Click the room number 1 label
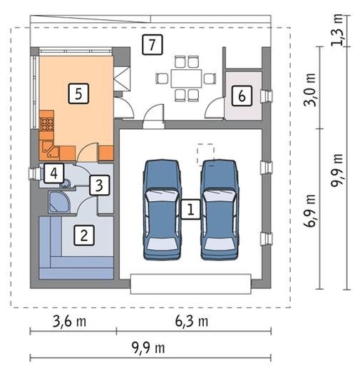191,209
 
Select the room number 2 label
84,235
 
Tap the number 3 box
99,185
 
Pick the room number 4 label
54,173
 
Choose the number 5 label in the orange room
78,93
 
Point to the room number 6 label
242,96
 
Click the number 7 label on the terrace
153,45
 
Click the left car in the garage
162,210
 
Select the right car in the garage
220,210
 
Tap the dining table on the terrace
186,78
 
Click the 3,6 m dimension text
70,322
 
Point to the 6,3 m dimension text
192,322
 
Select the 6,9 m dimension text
311,211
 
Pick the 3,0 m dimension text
311,90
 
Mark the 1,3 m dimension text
337,30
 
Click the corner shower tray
58,202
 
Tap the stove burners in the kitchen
46,125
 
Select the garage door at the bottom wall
191,284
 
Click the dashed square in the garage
205,154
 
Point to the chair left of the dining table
162,78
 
